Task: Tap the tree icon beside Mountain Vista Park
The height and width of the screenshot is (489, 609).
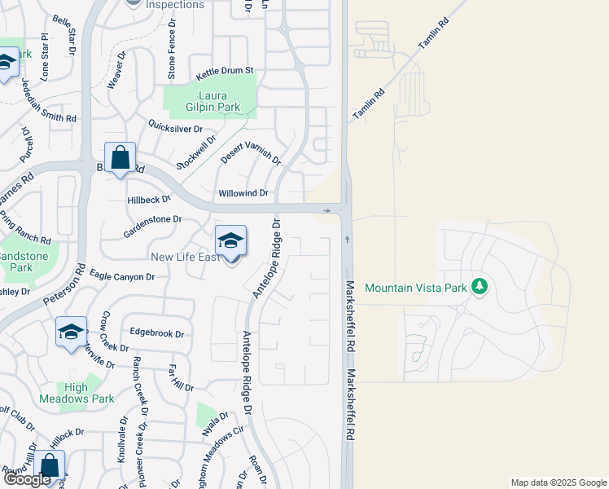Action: [480, 286]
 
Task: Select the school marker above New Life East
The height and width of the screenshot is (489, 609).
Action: [231, 241]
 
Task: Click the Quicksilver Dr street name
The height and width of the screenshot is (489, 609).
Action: [174, 128]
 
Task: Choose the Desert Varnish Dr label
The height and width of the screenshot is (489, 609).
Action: [251, 151]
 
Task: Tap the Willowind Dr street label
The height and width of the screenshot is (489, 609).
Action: [243, 193]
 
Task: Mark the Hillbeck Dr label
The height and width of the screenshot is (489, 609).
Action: [149, 199]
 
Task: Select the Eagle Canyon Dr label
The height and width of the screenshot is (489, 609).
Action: [122, 277]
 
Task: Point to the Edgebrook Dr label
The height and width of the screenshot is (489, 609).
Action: [157, 333]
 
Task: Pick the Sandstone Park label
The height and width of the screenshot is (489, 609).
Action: [23, 262]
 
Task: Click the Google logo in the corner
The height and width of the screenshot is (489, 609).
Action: [28, 480]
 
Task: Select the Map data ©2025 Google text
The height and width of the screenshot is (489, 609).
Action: [558, 482]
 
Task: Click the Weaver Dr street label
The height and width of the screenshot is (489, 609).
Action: [116, 71]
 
